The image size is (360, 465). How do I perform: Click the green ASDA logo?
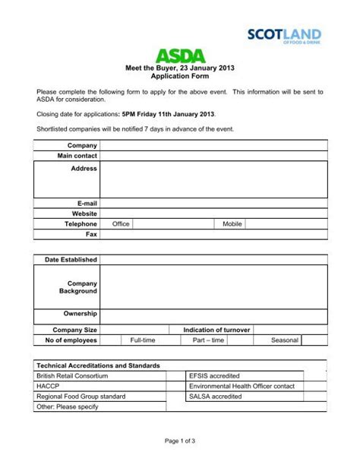pos(180,55)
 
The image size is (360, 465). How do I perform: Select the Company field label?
pos(82,145)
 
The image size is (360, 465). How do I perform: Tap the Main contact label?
pos(77,156)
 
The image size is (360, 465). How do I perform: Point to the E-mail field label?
pos(86,204)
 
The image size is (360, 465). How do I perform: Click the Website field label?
pos(84,214)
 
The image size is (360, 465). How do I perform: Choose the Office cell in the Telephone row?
pos(121,225)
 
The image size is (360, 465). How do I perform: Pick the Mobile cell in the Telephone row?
pos(232,225)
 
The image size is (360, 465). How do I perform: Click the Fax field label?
pos(91,235)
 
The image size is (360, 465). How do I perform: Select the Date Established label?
pos(71,260)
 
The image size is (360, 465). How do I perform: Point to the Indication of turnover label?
pos(216,330)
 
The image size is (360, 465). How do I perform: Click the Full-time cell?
pos(143,340)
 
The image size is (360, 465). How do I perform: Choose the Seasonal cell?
pos(285,340)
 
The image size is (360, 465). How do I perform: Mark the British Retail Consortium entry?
pos(72,375)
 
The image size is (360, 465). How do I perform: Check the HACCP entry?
pos(47,386)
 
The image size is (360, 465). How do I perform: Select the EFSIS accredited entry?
pos(214,375)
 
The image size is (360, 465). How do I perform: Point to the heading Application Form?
pos(180,77)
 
